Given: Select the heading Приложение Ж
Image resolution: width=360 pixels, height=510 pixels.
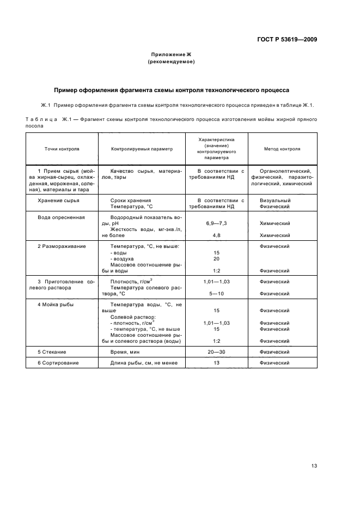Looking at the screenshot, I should pyautogui.click(x=171, y=54).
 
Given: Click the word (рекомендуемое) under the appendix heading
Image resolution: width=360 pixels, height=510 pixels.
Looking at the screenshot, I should pyautogui.click(x=171, y=62).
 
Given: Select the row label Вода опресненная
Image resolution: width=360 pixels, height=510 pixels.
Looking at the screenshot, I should pyautogui.click(x=61, y=217).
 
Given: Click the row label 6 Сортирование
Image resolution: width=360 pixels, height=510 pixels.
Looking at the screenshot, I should pyautogui.click(x=58, y=363).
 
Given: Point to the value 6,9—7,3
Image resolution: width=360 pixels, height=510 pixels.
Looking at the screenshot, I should pyautogui.click(x=216, y=223).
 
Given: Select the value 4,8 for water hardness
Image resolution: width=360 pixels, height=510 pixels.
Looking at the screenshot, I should pyautogui.click(x=216, y=235).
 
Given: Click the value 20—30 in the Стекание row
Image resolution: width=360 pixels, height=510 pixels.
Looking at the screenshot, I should pyautogui.click(x=216, y=353).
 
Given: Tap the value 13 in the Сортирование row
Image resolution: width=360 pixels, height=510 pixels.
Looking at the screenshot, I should pyautogui.click(x=216, y=363).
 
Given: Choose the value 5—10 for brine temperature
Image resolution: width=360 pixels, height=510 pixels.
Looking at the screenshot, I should pyautogui.click(x=216, y=293).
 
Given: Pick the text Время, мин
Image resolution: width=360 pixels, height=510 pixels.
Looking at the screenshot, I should pyautogui.click(x=126, y=353).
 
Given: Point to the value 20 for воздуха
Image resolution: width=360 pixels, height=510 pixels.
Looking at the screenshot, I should pyautogui.click(x=216, y=258).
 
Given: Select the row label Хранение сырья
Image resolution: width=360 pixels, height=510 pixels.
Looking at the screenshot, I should pyautogui.click(x=58, y=201).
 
